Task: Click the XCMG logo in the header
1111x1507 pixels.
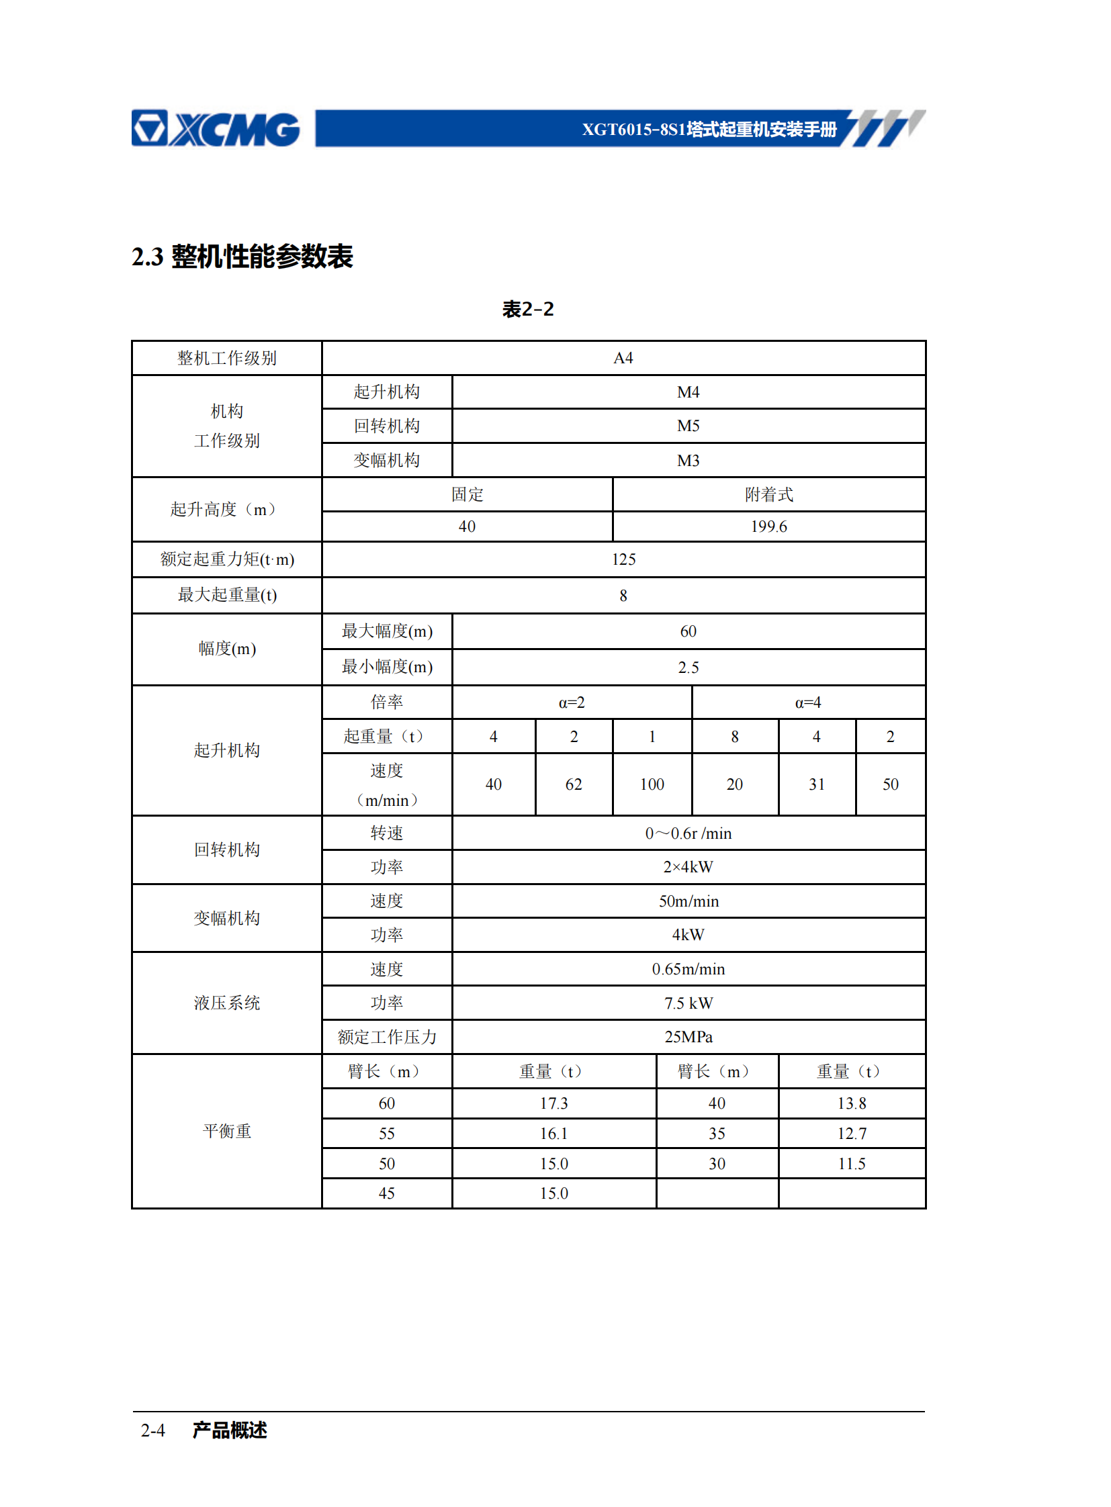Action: tap(215, 128)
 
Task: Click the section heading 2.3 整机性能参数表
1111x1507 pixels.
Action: tap(242, 257)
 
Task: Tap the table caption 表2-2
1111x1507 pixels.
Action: tap(528, 310)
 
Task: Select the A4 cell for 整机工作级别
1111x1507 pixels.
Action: tap(623, 358)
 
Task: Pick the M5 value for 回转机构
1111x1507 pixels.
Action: tap(688, 426)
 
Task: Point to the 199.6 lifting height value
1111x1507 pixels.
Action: tap(768, 527)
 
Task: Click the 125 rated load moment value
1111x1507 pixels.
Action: tap(623, 559)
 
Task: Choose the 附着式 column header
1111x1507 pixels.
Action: tap(768, 494)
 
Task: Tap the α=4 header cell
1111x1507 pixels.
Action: tap(807, 702)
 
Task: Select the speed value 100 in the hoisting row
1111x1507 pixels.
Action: tap(652, 784)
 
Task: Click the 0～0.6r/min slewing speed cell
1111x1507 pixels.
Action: tap(688, 833)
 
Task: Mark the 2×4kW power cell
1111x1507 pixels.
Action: tap(688, 867)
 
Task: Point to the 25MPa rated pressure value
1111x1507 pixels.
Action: tap(688, 1037)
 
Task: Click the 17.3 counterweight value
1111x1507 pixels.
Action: tap(553, 1103)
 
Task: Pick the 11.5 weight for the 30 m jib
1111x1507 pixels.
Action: tap(852, 1164)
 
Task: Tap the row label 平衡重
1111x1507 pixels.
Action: tap(226, 1131)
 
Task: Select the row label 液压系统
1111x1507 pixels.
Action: tap(226, 1003)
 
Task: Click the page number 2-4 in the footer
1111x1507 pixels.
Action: tap(152, 1430)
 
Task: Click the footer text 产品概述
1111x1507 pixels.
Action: tap(229, 1430)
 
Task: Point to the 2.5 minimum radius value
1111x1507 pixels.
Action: tap(688, 667)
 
